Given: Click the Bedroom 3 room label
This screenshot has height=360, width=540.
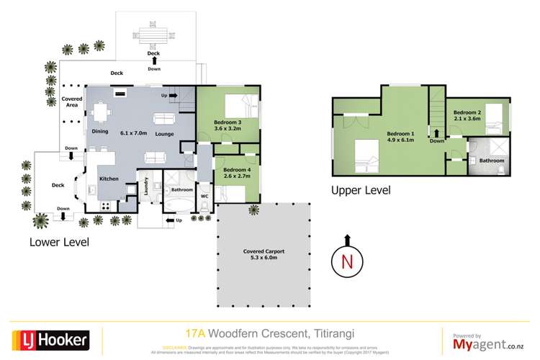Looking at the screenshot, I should (x=228, y=123).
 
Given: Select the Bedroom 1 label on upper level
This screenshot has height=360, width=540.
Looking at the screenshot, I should (x=400, y=135).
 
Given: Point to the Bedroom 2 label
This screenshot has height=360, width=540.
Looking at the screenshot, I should (x=467, y=113).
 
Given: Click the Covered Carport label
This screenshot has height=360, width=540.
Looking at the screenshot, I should (x=263, y=252).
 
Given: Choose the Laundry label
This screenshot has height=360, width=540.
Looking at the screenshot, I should (x=146, y=188).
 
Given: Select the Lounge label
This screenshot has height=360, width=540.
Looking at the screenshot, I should (x=163, y=135).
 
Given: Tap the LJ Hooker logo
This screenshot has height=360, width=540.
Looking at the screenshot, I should (x=50, y=338).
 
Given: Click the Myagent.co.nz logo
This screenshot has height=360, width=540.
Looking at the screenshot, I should (x=487, y=342).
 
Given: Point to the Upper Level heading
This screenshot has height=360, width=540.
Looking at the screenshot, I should (x=360, y=191).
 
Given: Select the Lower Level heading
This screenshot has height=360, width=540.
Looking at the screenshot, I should (x=59, y=242).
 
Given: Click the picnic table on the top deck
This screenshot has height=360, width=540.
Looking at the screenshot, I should (x=153, y=35).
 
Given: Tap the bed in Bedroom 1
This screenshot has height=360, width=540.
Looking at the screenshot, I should (x=367, y=156).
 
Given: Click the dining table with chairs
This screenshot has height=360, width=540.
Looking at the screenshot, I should (x=101, y=112).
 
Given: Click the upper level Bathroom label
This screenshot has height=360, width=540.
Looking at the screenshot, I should (x=492, y=160).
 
